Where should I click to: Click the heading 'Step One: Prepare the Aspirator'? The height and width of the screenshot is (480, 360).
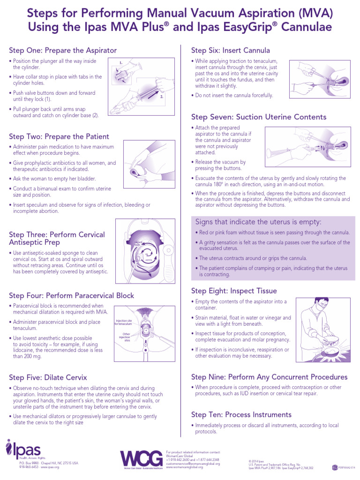coord(63,50)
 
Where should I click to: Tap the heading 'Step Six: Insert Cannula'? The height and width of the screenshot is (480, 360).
coord(230,50)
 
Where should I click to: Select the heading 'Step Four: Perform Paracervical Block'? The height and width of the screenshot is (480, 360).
coord(71,295)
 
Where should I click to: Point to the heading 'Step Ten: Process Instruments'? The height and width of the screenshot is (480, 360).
coord(241,414)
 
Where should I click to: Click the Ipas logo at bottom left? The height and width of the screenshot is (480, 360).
coord(23,450)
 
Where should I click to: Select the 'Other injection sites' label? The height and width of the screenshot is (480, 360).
coord(124,337)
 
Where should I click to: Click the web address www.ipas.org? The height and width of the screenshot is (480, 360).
coord(50,467)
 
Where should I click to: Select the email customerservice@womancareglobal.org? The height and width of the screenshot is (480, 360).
coord(193,463)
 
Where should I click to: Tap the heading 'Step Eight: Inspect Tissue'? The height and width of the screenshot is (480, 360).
coord(234,291)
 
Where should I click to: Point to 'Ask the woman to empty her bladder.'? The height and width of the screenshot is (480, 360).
coord(54,179)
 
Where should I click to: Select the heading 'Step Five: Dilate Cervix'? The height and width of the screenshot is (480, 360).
coord(48,377)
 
